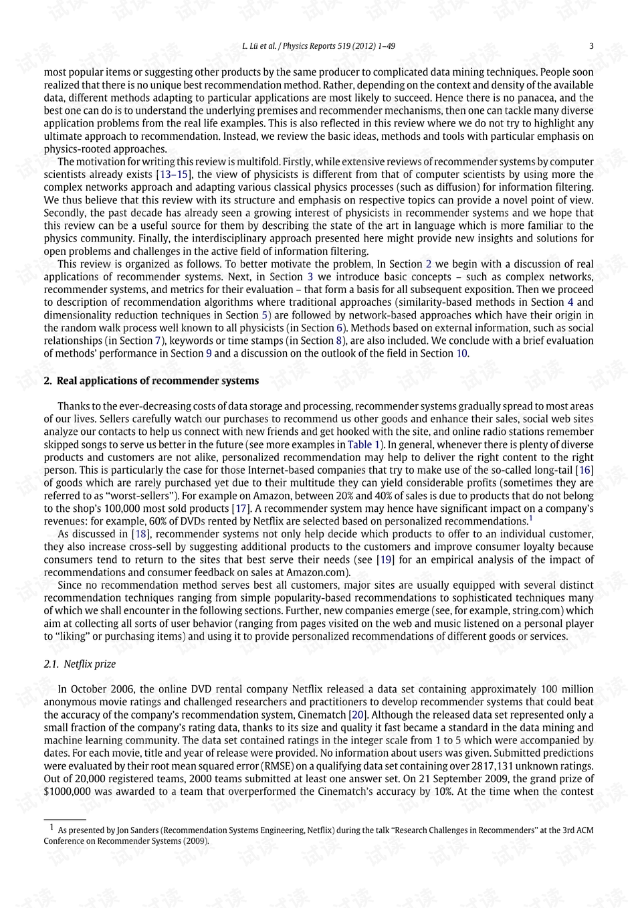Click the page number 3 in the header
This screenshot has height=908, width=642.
pyautogui.click(x=591, y=46)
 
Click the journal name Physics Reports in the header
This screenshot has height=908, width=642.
pyautogui.click(x=309, y=46)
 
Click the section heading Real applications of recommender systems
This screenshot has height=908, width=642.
pyautogui.click(x=158, y=381)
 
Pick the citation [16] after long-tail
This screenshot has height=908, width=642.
pyautogui.click(x=586, y=470)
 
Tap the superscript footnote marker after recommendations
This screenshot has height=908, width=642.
pyautogui.click(x=531, y=517)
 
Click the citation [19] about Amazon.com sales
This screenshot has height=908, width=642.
pyautogui.click(x=385, y=559)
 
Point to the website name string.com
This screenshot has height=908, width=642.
pyautogui.click(x=539, y=610)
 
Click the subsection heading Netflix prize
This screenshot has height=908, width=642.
pyautogui.click(x=90, y=664)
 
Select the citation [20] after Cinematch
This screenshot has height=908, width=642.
pyautogui.click(x=358, y=715)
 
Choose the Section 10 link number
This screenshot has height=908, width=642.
pyautogui.click(x=462, y=353)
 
